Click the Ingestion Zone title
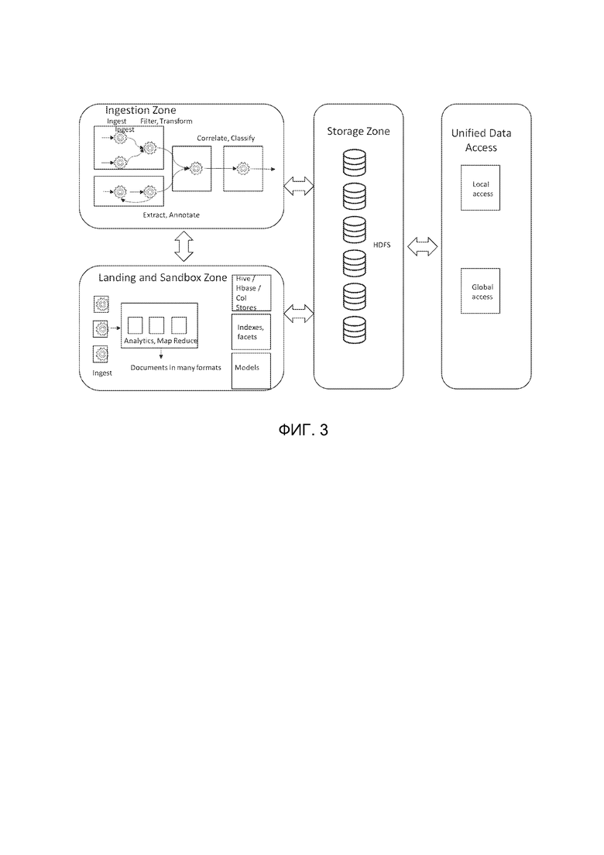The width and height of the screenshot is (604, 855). [x=141, y=110]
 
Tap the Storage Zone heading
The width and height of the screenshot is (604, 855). [x=359, y=132]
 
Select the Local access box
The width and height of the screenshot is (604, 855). [x=480, y=188]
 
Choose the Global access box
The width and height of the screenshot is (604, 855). [x=480, y=291]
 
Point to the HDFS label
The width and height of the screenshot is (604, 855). [x=382, y=246]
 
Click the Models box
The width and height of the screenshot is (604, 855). [x=252, y=371]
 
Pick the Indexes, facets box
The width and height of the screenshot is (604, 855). [x=252, y=332]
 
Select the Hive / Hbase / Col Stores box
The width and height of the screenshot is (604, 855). [x=252, y=293]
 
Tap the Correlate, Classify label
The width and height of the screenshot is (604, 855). [x=225, y=139]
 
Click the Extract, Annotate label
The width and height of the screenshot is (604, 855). [x=171, y=215]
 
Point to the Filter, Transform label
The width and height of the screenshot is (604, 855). [x=166, y=121]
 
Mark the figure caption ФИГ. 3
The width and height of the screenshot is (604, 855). [x=303, y=431]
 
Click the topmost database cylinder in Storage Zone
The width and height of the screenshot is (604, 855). [x=355, y=163]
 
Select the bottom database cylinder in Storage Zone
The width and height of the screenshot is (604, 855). [x=355, y=330]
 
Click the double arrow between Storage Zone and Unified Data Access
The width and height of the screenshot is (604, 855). [x=423, y=246]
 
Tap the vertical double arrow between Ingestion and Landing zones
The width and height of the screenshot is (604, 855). [x=184, y=246]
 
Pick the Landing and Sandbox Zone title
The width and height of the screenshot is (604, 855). [x=163, y=278]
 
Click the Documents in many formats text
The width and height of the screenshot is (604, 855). [x=176, y=368]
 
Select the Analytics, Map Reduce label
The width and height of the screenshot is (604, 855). [x=161, y=341]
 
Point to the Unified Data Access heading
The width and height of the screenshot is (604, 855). [x=482, y=140]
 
